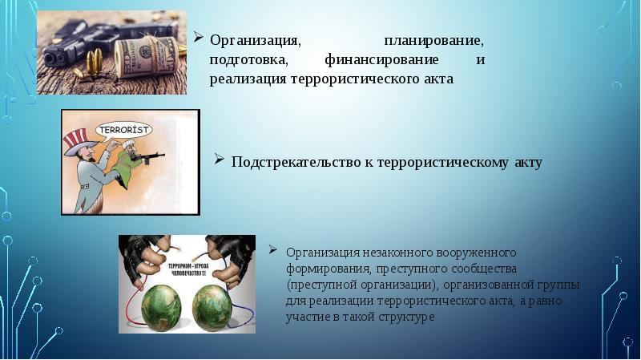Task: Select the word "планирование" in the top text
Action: pyautogui.click(x=433, y=40)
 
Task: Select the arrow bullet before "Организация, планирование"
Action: pyautogui.click(x=197, y=38)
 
